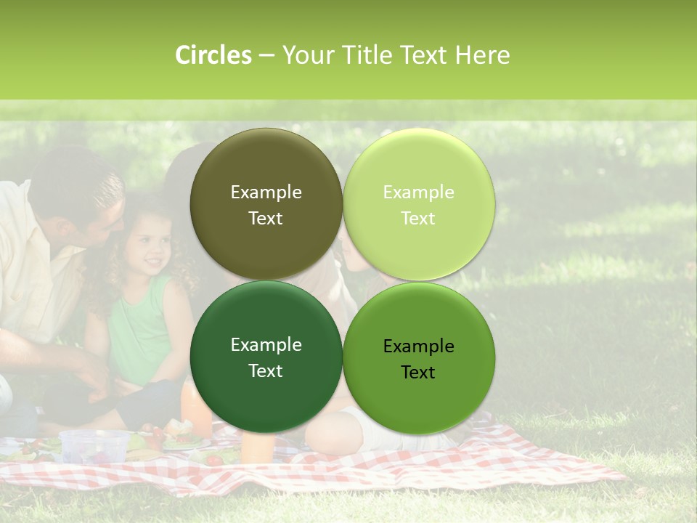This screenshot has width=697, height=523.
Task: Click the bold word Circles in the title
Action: (x=213, y=55)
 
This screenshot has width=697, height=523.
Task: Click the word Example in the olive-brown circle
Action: (x=266, y=192)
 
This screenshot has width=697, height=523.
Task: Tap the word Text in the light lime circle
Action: (x=418, y=219)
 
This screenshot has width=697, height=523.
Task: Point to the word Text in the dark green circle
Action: (x=266, y=371)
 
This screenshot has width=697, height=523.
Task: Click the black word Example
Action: (x=418, y=346)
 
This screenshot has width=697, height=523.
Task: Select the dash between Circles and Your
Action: (x=266, y=56)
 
